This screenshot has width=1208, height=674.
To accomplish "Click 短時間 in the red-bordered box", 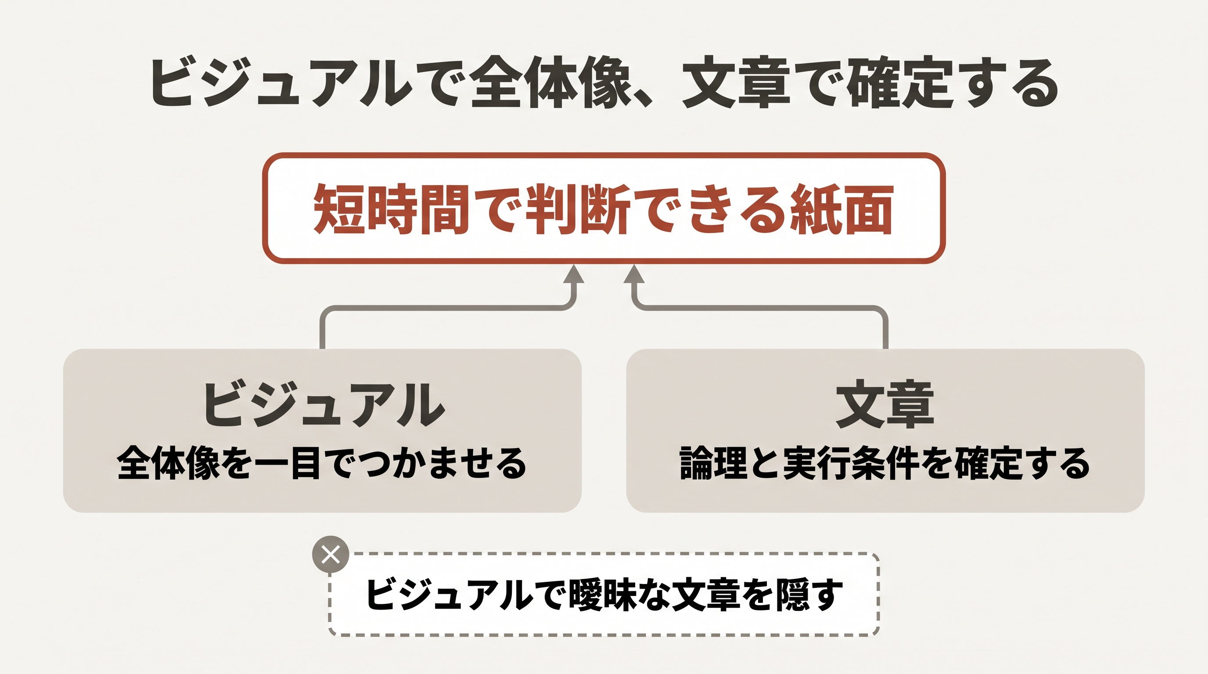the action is tap(392, 209).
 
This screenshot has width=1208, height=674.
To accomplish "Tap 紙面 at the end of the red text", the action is tap(841, 209).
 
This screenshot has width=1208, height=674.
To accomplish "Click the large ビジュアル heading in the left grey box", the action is tap(324, 404).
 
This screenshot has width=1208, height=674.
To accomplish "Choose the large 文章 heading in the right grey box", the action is tap(885, 404).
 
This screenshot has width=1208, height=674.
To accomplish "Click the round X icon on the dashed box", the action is tap(331, 555).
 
